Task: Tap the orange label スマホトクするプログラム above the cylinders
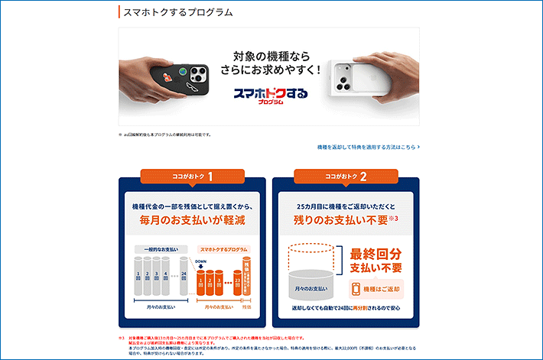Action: [x=223, y=249]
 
